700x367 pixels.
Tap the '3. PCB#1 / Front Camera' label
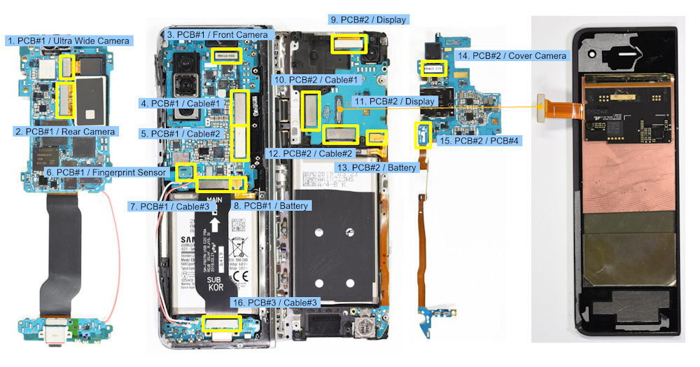pos(217,34)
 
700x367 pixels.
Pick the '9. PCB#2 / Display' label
pos(367,20)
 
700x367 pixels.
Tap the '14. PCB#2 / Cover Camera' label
pos(512,55)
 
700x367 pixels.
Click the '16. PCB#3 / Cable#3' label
pos(274,303)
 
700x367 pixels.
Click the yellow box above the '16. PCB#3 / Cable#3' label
pos(221,324)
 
